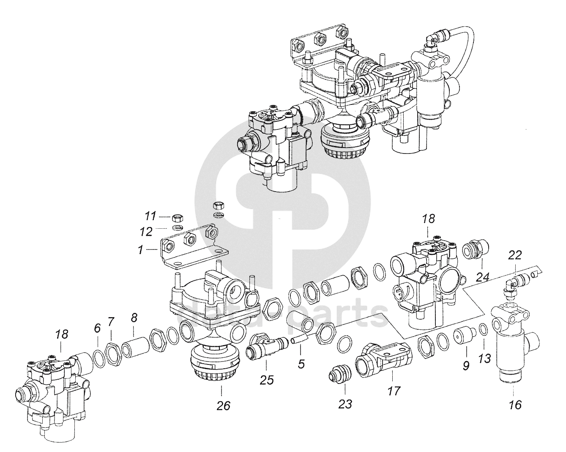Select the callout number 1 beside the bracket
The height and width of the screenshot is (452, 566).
click(x=140, y=250)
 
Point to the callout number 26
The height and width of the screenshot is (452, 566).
click(x=224, y=406)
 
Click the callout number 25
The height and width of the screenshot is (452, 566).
click(x=267, y=380)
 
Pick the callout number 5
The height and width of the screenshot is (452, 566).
click(x=301, y=364)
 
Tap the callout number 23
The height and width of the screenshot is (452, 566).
click(x=345, y=404)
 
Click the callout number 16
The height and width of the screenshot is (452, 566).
click(x=515, y=405)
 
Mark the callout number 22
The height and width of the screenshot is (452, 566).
click(x=515, y=255)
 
